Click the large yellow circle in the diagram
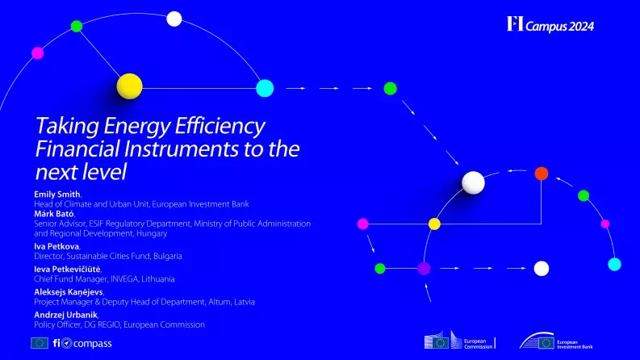(129, 86)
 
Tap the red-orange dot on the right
(541, 174)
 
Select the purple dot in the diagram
(424, 268)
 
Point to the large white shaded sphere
(474, 183)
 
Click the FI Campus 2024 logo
(550, 25)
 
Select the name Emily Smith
(58, 195)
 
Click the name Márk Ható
(54, 213)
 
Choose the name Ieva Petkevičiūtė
(68, 270)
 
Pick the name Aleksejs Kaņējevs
(68, 292)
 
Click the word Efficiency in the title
(220, 127)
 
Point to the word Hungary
(151, 233)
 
